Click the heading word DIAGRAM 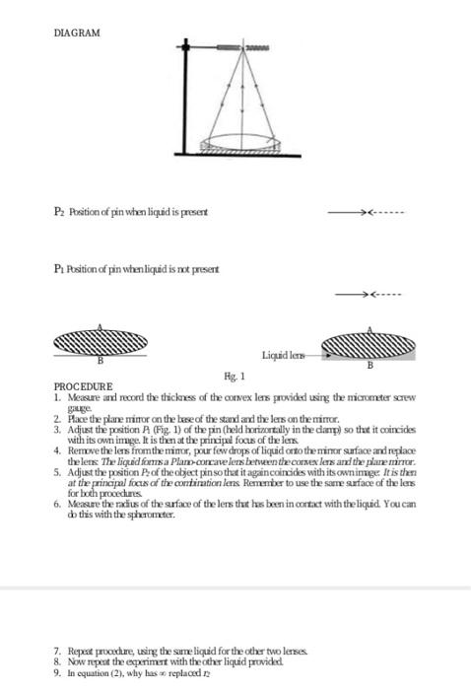coord(78,34)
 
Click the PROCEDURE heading coord(83,386)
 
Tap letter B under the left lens coord(98,362)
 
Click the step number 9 coord(57,680)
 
